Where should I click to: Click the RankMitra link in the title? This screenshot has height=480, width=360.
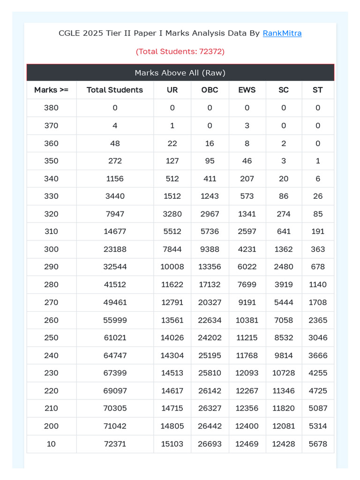click(282, 33)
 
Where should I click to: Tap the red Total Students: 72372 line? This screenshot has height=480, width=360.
click(180, 52)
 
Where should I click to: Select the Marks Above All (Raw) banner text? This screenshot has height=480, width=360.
click(180, 73)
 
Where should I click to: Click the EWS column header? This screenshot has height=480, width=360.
click(247, 90)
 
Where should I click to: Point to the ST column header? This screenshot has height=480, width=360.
click(318, 90)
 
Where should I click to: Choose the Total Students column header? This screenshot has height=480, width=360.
click(115, 90)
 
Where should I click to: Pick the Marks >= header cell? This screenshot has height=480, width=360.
click(51, 90)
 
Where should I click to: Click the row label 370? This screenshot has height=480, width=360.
click(51, 126)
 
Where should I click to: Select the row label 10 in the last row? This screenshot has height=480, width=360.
click(51, 444)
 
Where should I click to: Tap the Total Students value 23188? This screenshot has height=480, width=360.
click(115, 249)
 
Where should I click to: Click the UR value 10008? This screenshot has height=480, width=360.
click(172, 267)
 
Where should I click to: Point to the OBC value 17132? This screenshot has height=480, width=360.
click(210, 285)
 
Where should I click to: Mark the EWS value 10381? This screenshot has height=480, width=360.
click(247, 320)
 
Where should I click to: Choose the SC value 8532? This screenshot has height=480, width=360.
click(284, 337)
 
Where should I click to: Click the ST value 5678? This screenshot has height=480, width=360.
click(318, 444)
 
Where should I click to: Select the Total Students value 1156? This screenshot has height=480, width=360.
click(115, 179)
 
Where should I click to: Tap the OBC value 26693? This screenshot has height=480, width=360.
click(210, 444)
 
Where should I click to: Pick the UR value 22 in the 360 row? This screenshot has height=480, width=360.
click(172, 143)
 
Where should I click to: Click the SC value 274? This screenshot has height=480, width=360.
click(284, 214)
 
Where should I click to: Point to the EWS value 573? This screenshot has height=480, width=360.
click(247, 196)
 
